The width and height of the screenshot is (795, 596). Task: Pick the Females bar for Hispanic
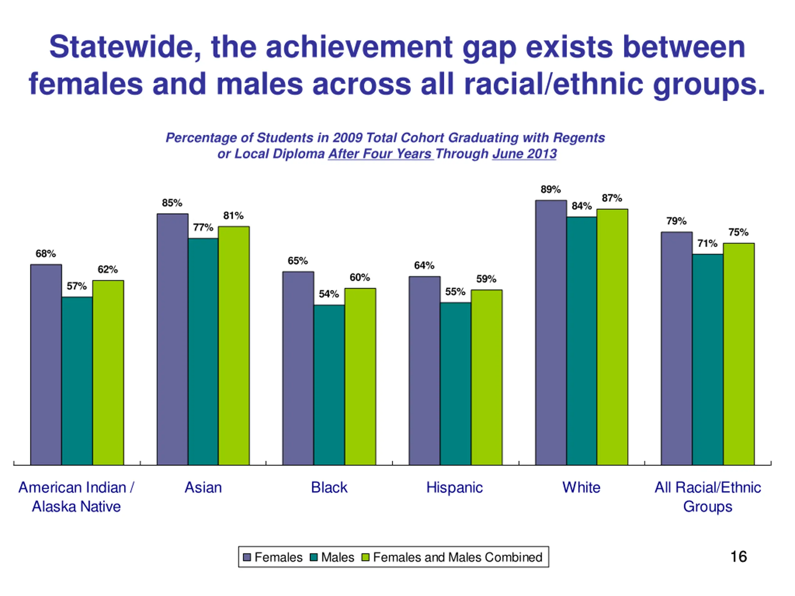click(x=424, y=370)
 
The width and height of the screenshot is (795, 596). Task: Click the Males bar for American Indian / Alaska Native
click(x=77, y=381)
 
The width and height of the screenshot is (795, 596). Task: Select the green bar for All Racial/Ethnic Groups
click(x=738, y=354)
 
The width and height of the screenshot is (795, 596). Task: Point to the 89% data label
click(x=550, y=189)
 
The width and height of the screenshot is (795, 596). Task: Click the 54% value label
click(x=329, y=294)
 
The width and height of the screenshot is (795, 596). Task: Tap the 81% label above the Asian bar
click(x=233, y=215)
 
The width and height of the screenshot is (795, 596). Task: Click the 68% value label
click(x=46, y=254)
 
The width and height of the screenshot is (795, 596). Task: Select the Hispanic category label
click(x=454, y=487)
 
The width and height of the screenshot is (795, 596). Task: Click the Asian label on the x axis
click(x=203, y=487)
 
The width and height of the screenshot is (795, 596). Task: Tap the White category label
click(x=581, y=487)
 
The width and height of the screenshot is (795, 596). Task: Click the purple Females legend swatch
click(x=247, y=557)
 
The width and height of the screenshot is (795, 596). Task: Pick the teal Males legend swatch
click(x=314, y=557)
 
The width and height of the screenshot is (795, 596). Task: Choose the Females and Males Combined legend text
click(x=457, y=557)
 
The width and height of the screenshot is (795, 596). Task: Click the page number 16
click(x=738, y=557)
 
